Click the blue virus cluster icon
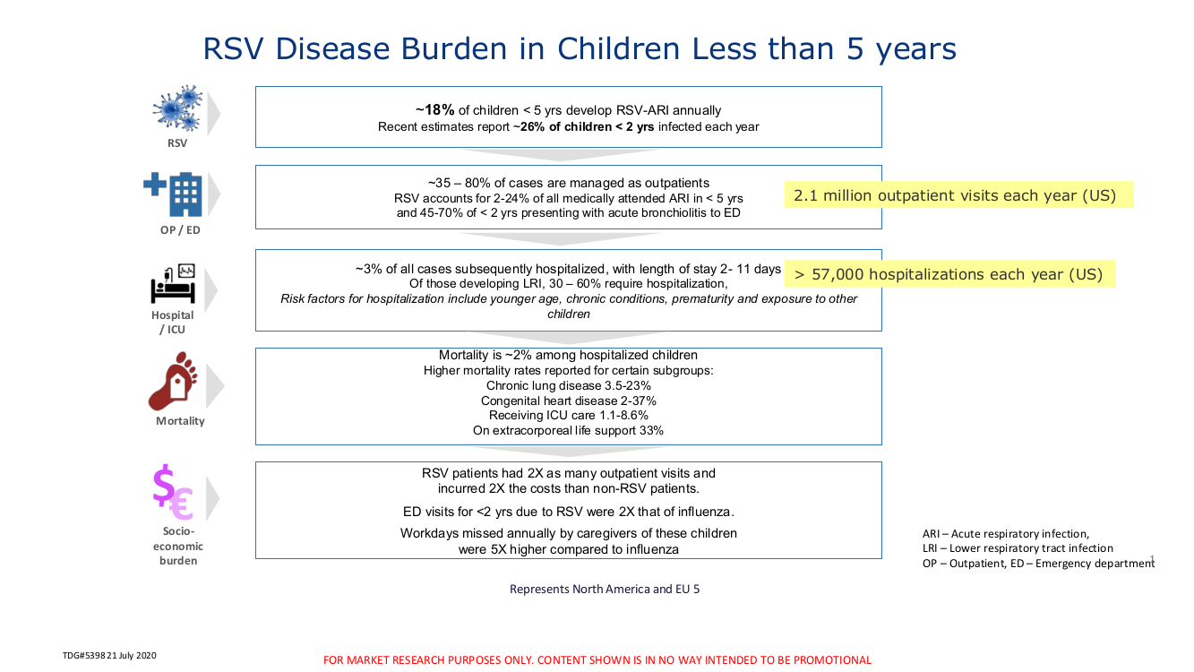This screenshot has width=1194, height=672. tap(177, 108)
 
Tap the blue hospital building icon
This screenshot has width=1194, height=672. tap(173, 194)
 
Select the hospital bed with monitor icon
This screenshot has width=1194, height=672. tap(173, 283)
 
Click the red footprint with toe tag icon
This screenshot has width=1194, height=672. tap(173, 381)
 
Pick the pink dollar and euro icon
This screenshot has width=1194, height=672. tap(173, 492)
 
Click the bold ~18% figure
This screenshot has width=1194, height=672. tap(435, 110)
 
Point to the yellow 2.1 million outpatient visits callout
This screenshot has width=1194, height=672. tap(959, 195)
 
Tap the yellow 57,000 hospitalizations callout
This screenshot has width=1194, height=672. tap(949, 274)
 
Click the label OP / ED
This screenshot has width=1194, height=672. tap(180, 230)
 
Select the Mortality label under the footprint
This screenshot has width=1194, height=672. tap(180, 421)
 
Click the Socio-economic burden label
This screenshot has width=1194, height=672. tap(178, 546)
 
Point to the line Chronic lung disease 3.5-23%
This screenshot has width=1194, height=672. tap(568, 385)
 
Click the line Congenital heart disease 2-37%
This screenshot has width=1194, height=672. tap(568, 401)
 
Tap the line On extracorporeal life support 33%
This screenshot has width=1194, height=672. tap(568, 430)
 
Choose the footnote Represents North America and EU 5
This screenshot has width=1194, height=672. tap(605, 589)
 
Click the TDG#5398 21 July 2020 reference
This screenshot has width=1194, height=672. tap(109, 656)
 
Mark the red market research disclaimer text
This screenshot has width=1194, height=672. tap(597, 660)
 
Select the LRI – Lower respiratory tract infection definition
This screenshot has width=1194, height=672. tap(1018, 548)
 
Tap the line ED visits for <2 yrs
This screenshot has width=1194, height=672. tap(568, 512)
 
